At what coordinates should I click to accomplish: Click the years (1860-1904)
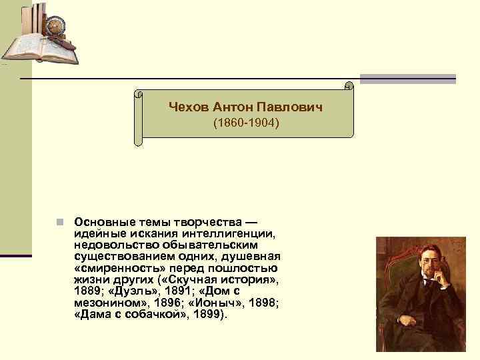(245, 124)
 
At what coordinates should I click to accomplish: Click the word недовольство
(111, 245)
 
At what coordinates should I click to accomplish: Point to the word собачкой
(154, 315)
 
